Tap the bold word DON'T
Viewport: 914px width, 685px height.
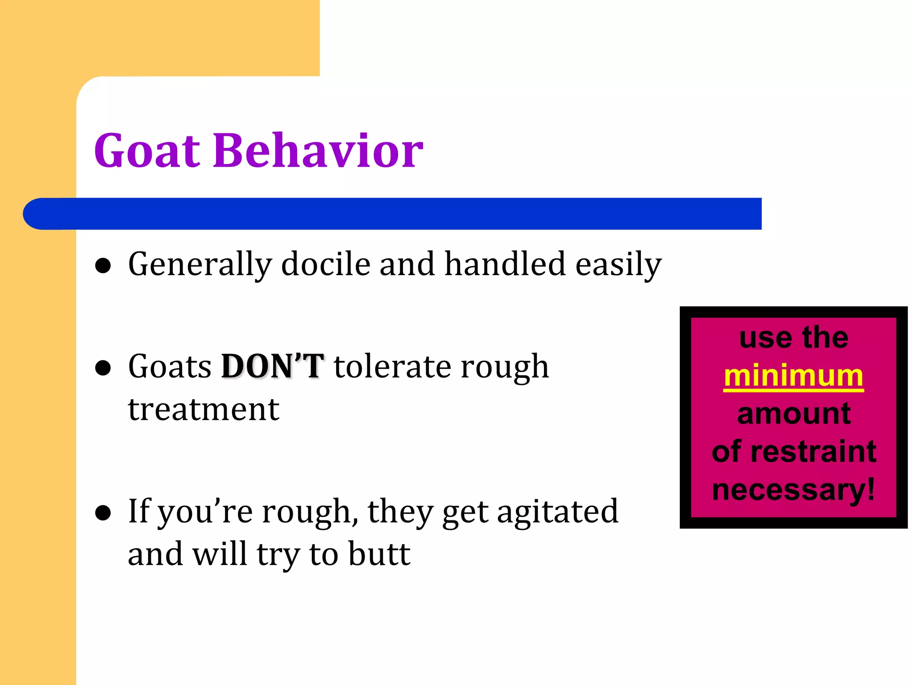click(x=272, y=367)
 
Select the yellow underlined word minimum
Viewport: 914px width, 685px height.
click(x=794, y=376)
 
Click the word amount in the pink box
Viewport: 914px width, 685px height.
click(x=794, y=414)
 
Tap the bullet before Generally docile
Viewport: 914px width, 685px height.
click(x=103, y=266)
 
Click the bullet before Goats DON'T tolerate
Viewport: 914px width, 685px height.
click(x=103, y=368)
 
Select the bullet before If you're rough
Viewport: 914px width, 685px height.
click(x=103, y=513)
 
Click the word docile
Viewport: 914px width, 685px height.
click(x=326, y=264)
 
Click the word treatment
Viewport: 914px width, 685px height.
click(x=204, y=409)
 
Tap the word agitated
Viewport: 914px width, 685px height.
click(x=558, y=512)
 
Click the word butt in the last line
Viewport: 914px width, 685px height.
click(x=379, y=554)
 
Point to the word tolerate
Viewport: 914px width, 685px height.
click(x=393, y=367)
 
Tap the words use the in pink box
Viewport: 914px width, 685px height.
click(x=794, y=338)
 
